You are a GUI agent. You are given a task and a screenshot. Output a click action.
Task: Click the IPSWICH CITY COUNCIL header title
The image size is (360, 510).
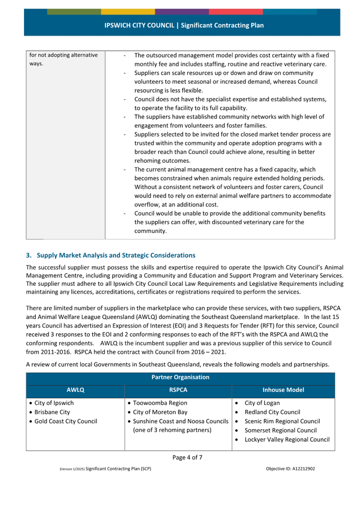pyautogui.click(x=184, y=25)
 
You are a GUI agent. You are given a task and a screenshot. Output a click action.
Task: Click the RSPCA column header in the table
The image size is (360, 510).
pyautogui.click(x=178, y=390)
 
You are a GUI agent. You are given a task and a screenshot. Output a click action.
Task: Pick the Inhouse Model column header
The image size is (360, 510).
pyautogui.click(x=283, y=390)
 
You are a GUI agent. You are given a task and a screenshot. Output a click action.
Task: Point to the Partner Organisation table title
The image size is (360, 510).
pyautogui.click(x=180, y=377)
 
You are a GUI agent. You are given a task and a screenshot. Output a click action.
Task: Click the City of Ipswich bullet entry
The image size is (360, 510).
pyautogui.click(x=54, y=403)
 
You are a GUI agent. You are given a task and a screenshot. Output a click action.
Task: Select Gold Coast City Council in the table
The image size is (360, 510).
pyautogui.click(x=66, y=421)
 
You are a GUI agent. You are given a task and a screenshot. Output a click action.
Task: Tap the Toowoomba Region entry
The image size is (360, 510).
pyautogui.click(x=160, y=403)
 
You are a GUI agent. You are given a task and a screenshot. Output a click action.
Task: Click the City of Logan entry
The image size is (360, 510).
pyautogui.click(x=262, y=403)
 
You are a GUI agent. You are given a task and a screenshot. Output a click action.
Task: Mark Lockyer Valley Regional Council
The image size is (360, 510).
pyautogui.click(x=287, y=440)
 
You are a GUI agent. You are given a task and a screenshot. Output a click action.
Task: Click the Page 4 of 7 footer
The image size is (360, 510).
pyautogui.click(x=187, y=457)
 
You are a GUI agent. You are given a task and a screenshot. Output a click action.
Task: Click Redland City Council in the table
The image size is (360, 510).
pyautogui.click(x=272, y=412)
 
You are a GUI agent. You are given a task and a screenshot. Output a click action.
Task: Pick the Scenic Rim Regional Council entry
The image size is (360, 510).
pyautogui.click(x=282, y=421)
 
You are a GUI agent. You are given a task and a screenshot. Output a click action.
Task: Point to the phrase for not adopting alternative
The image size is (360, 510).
pyautogui.click(x=63, y=55)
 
